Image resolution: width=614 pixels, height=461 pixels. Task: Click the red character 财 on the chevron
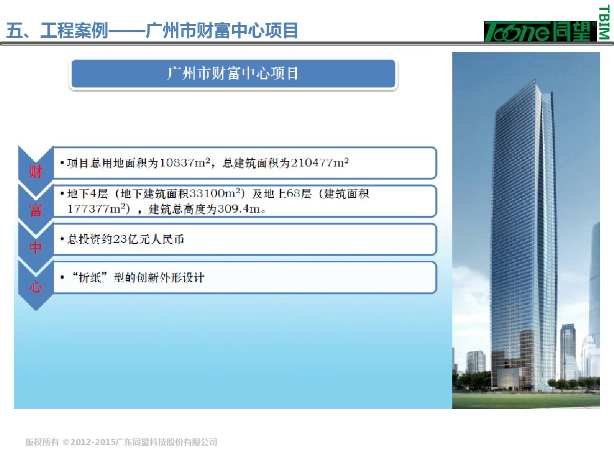click(36, 172)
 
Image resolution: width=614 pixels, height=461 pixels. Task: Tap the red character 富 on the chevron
click(36, 210)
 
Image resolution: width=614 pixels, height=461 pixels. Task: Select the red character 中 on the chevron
click(36, 248)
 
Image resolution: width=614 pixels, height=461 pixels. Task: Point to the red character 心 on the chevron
click(36, 287)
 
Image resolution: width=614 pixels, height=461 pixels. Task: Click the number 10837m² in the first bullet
click(185, 162)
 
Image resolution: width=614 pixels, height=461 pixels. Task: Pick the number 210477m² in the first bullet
click(319, 162)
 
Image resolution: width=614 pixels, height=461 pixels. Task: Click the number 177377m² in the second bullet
click(97, 209)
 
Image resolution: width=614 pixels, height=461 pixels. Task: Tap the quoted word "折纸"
click(90, 278)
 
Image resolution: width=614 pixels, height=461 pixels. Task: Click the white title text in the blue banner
click(233, 73)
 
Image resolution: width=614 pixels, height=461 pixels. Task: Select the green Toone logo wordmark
click(540, 31)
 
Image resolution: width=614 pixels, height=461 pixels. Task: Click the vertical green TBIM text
click(604, 23)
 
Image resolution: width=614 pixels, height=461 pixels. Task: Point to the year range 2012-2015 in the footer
click(93, 442)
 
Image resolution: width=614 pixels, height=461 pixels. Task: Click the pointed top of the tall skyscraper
click(535, 80)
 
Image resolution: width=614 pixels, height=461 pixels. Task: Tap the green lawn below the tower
click(526, 400)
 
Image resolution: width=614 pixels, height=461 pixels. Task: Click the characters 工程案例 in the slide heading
click(74, 31)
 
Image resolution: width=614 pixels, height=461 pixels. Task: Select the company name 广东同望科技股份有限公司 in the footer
click(166, 442)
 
